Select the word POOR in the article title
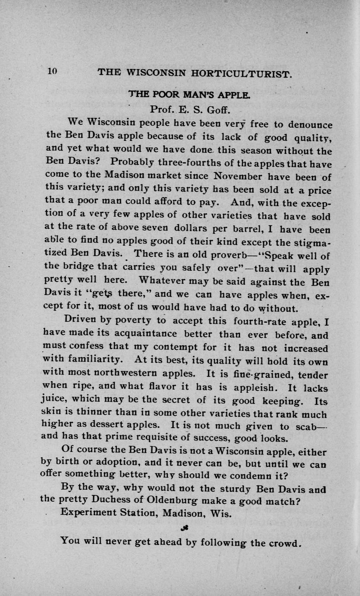[x=162, y=93]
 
